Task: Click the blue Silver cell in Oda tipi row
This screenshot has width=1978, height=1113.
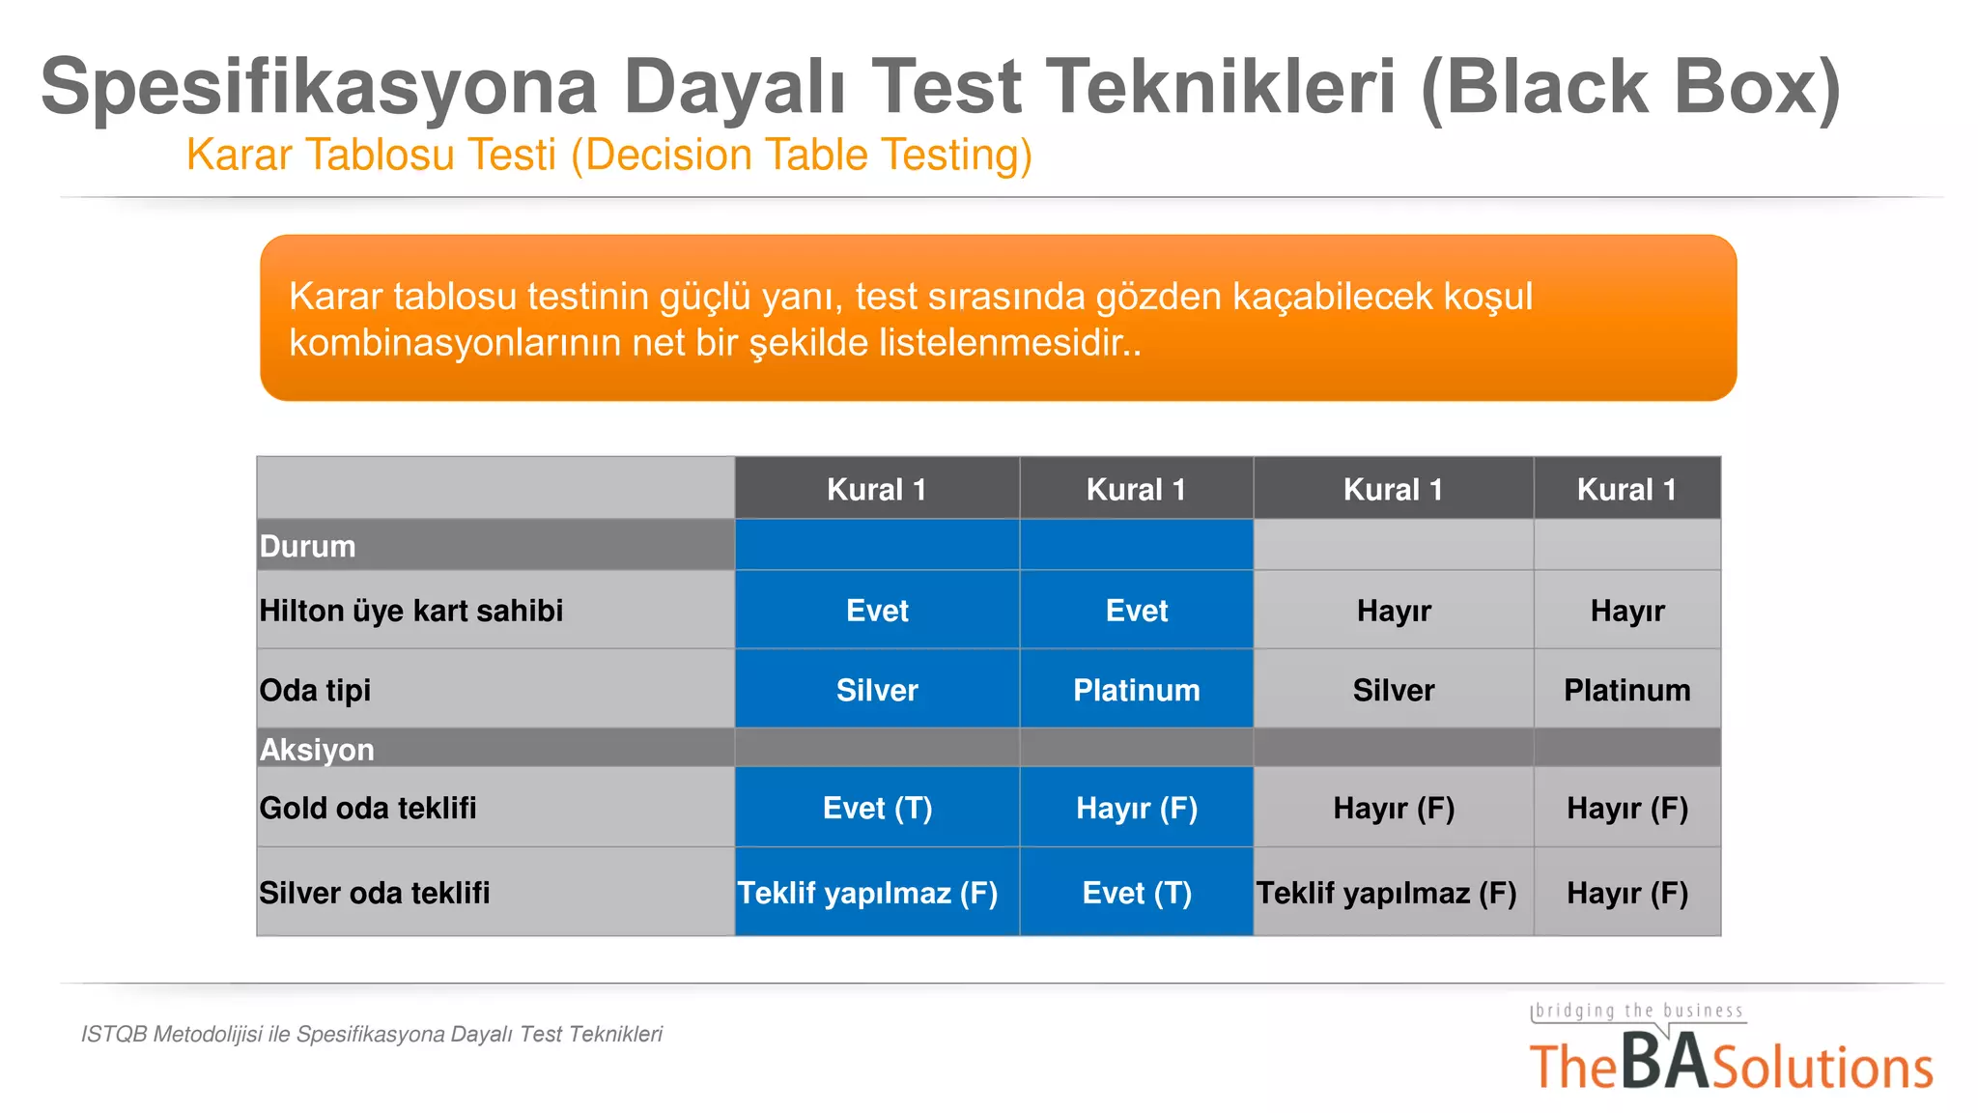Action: point(877,690)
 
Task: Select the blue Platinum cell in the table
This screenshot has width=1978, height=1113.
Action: point(1136,690)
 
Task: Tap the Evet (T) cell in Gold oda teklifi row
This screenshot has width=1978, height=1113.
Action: point(877,808)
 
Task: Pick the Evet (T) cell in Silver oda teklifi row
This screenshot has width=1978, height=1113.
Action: point(1136,893)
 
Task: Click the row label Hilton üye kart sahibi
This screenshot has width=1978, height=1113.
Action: point(411,611)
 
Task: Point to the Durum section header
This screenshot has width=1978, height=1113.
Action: point(308,546)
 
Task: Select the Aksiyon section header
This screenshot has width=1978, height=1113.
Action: point(317,750)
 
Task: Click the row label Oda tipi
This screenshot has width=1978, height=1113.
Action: point(315,690)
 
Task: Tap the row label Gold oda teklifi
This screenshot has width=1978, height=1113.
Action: point(368,808)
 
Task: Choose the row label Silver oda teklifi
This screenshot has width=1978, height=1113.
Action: point(375,893)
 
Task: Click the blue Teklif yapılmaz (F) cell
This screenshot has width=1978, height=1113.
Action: point(867,893)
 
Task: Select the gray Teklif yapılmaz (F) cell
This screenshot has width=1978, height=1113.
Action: point(1386,893)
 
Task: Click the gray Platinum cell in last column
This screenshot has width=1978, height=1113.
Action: point(1626,690)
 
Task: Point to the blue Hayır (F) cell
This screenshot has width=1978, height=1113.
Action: point(1136,808)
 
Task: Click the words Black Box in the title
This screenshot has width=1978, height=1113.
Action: point(1632,87)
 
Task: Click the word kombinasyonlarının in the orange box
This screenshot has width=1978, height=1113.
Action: point(454,343)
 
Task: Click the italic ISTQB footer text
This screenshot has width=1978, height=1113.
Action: point(372,1034)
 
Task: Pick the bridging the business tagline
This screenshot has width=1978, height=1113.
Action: point(1639,1011)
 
